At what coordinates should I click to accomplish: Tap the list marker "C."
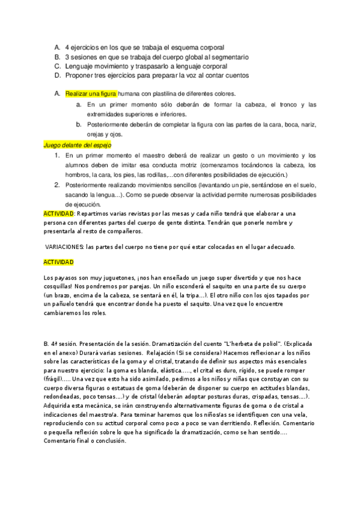[x=57, y=66]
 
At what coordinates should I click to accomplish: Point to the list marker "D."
[x=57, y=76]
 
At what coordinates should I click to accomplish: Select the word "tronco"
[x=276, y=104]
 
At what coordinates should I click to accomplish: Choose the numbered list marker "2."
[x=57, y=185]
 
